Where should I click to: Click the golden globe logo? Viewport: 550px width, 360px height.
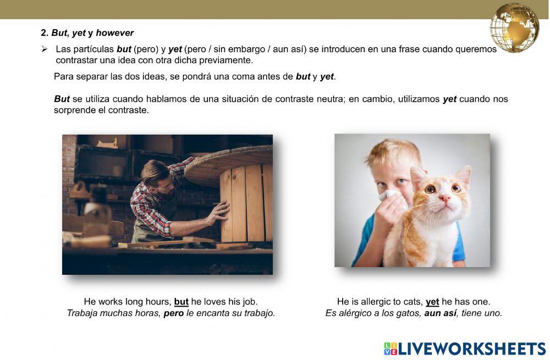coord(515,27)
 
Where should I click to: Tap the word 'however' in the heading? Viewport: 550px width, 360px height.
coord(114,33)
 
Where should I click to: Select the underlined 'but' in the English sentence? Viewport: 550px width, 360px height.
coord(181,302)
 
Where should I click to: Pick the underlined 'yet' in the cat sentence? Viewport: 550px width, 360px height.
coord(432,302)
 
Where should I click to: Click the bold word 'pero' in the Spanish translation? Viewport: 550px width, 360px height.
coord(174,313)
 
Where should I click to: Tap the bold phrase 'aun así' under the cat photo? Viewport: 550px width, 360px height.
coord(441,313)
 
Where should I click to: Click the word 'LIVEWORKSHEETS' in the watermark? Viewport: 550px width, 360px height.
coord(472,348)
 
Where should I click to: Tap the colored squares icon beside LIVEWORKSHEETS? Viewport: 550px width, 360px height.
coord(390,348)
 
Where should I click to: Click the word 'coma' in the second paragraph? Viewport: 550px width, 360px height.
coord(243,76)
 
